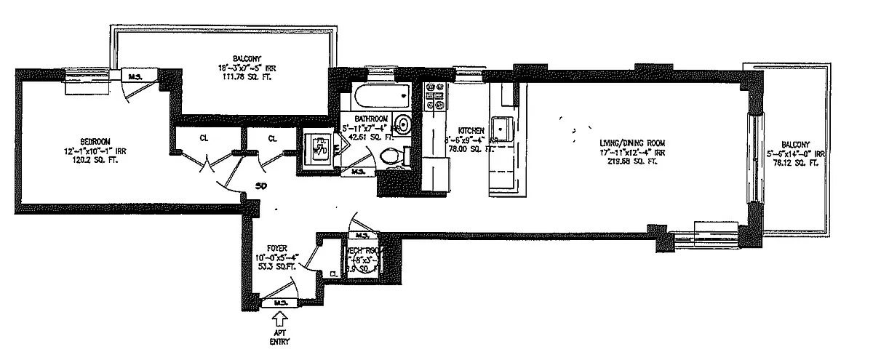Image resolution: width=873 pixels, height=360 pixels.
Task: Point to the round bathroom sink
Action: tap(402, 122)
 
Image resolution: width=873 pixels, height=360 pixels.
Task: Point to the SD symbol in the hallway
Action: tap(260, 186)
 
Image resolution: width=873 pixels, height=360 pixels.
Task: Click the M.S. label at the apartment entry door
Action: tap(279, 302)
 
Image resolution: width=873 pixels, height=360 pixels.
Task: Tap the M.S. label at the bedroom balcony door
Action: tap(134, 75)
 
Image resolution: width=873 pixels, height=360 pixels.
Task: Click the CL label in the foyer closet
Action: tap(332, 273)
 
